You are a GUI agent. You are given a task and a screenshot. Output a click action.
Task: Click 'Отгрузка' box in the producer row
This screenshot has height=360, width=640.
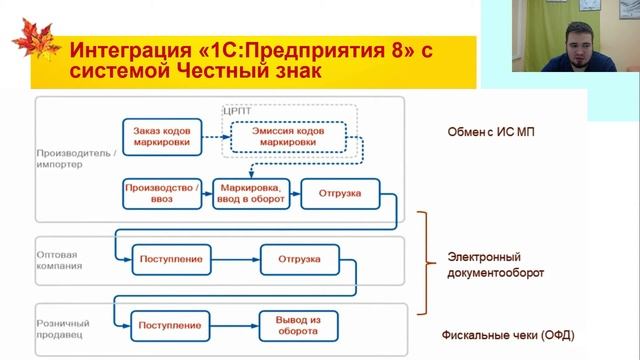pos(340,192)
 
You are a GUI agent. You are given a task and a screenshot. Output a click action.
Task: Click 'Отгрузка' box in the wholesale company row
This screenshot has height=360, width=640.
pos(301,260)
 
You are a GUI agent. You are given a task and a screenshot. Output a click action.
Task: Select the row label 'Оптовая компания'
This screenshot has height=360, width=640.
pos(59,261)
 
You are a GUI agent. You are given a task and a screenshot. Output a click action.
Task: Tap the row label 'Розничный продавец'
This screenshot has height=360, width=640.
pos(61,330)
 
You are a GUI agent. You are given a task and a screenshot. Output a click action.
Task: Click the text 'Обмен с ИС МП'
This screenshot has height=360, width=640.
pos(495,134)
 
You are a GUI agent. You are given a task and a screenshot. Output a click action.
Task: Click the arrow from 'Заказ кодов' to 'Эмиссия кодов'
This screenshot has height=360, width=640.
pos(212,137)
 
